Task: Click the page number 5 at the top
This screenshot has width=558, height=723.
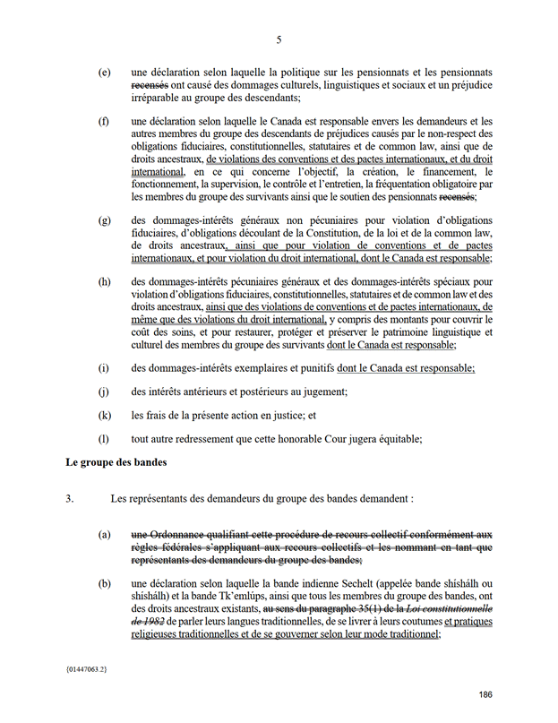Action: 279,39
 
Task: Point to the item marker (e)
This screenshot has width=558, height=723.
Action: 105,72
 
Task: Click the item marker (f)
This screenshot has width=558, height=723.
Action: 104,121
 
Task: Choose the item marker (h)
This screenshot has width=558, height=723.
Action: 105,281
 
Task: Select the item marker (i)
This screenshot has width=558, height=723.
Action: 104,367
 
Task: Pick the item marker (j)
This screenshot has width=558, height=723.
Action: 104,392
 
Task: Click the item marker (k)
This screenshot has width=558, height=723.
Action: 105,416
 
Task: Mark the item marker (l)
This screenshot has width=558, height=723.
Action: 104,439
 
